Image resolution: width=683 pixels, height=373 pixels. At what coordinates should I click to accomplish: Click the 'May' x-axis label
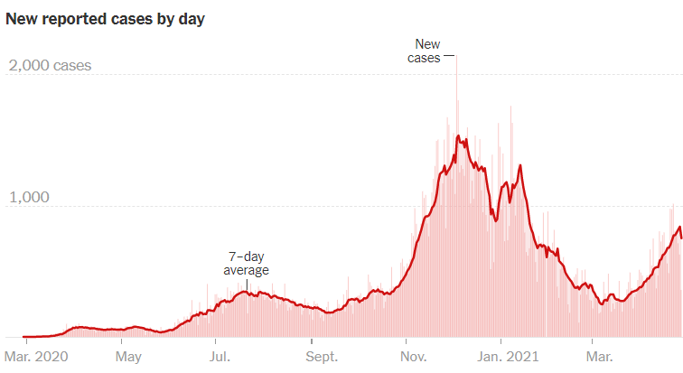coord(127,356)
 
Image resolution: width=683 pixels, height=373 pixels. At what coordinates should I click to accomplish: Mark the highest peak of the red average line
coord(458,136)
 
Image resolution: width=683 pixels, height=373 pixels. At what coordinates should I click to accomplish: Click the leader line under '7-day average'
coord(246,284)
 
